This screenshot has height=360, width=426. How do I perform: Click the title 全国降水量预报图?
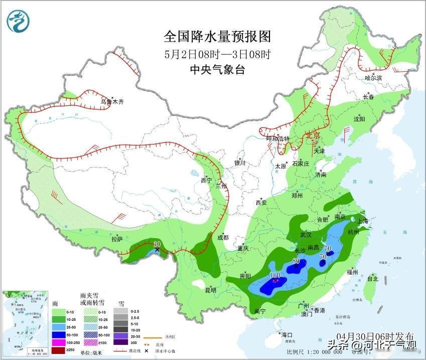(217, 36)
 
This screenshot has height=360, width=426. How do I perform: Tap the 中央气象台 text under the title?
(217, 70)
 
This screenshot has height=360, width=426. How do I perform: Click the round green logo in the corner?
(19, 21)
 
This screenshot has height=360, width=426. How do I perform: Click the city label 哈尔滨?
(373, 78)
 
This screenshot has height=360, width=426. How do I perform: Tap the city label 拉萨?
(117, 240)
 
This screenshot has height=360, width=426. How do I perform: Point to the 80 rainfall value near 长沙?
(296, 261)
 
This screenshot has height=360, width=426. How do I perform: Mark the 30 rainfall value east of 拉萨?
(157, 243)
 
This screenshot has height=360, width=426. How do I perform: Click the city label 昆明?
(211, 290)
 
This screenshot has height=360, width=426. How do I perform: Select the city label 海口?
(287, 334)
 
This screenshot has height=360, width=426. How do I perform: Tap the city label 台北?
(372, 278)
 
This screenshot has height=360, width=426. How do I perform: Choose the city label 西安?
(261, 203)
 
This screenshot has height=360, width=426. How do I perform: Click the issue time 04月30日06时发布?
(375, 335)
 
